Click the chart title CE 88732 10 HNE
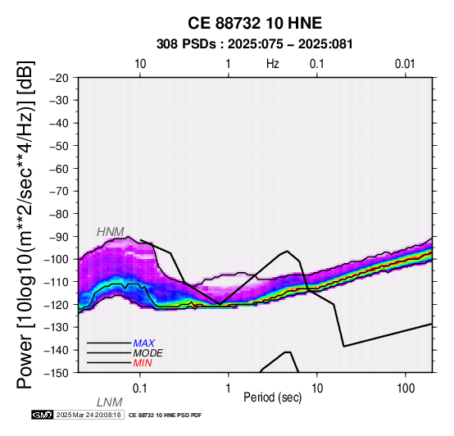click(x=255, y=23)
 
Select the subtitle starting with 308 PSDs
click(x=255, y=44)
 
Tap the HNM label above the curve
click(x=111, y=232)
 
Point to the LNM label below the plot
click(x=110, y=402)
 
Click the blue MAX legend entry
click(x=144, y=343)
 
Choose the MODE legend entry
click(x=148, y=353)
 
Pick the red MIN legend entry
click(x=143, y=363)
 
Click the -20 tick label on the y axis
click(x=59, y=78)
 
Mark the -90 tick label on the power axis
click(x=59, y=237)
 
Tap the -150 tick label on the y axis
click(x=57, y=373)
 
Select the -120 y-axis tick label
click(x=57, y=305)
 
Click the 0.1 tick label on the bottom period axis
click(x=140, y=388)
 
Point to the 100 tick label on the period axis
click(x=406, y=388)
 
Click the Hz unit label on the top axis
click(x=272, y=64)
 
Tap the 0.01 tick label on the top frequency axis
click(x=405, y=64)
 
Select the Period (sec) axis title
click(x=272, y=397)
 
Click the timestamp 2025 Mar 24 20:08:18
click(x=89, y=415)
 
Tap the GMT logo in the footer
click(x=43, y=415)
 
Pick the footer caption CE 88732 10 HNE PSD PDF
click(x=165, y=416)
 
